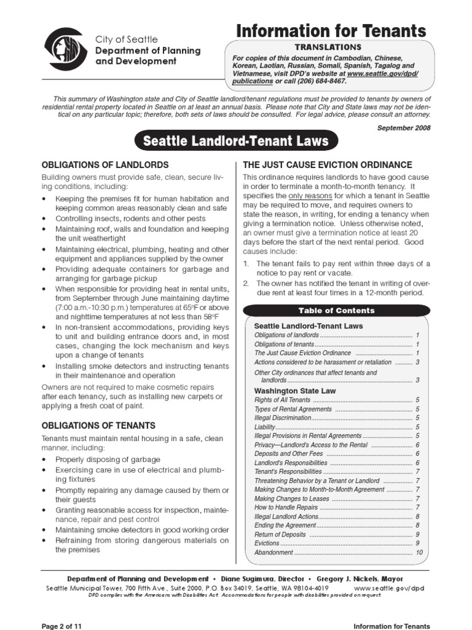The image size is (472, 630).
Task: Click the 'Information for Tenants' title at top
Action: point(332,31)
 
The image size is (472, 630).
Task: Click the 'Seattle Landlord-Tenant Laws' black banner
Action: point(235,142)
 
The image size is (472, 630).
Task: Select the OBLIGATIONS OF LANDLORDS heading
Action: point(104,165)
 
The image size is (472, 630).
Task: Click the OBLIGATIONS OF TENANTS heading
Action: point(98,425)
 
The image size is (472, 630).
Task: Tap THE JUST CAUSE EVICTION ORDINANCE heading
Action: point(327,165)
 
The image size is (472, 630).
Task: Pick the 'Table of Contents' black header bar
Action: point(336,311)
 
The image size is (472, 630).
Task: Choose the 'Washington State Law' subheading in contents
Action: point(295,391)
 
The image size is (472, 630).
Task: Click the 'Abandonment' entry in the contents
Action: point(273,552)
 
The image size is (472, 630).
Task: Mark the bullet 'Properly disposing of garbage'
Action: point(108,460)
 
